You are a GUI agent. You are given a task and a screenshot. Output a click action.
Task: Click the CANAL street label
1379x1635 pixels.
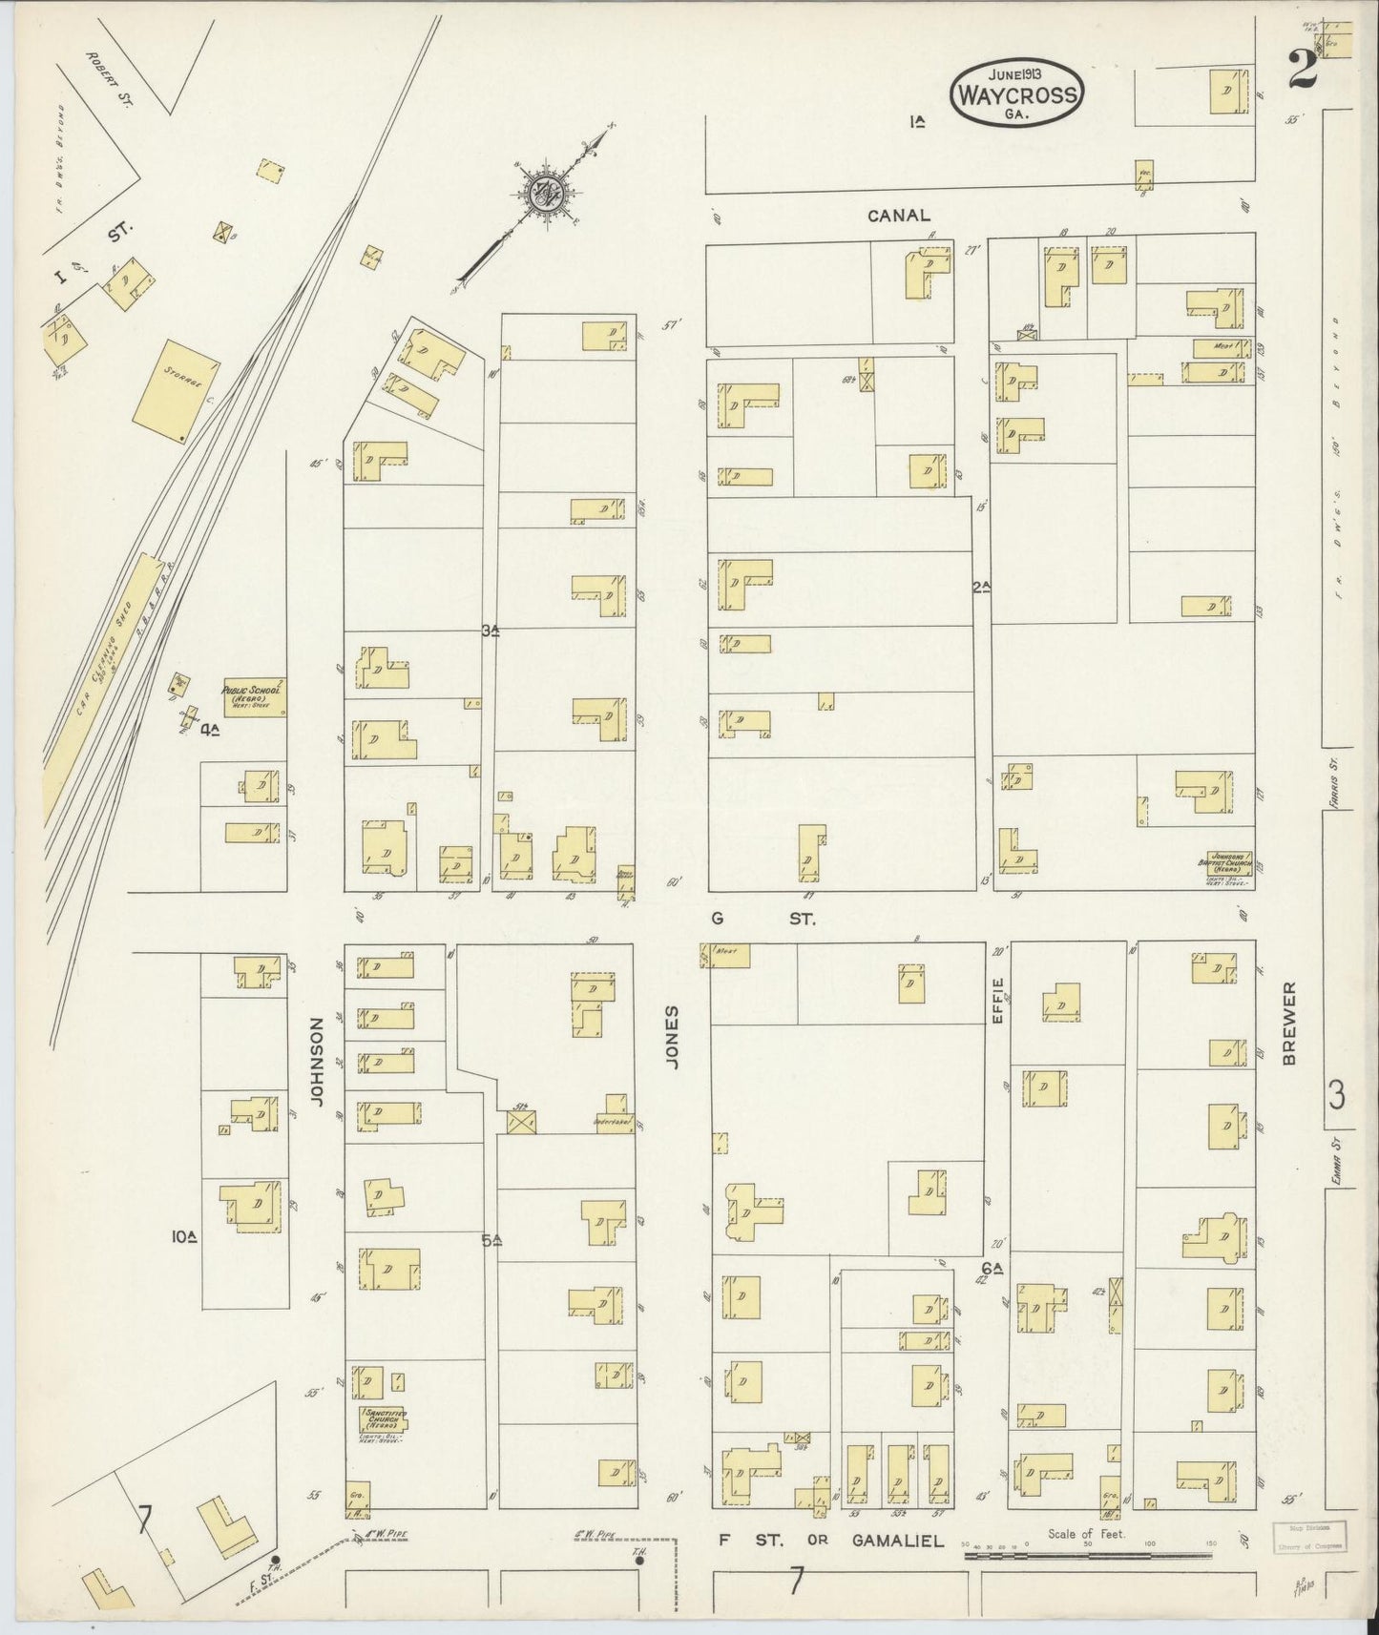898,217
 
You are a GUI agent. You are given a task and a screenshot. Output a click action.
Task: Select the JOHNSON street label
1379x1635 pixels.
318,1062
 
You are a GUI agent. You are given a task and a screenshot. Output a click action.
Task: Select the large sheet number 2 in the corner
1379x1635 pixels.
1301,69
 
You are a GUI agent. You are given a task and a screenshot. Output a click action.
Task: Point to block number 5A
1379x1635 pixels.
491,1241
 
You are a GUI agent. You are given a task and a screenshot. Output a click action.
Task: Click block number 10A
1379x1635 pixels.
183,1237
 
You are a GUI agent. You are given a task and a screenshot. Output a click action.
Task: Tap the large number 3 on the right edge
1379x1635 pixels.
1336,1096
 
